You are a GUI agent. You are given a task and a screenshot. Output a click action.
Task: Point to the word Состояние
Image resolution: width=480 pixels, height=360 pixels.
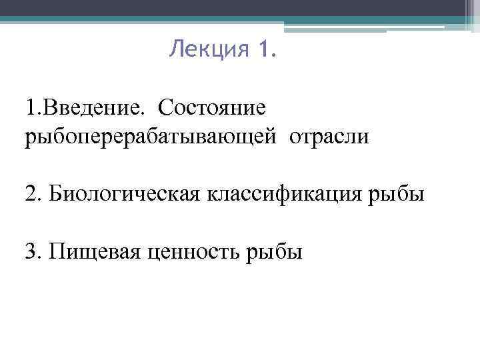(213, 106)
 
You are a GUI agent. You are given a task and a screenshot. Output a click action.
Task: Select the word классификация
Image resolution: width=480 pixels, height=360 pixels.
(289, 194)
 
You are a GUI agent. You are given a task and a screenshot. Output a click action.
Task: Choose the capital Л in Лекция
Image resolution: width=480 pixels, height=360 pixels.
(175, 49)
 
